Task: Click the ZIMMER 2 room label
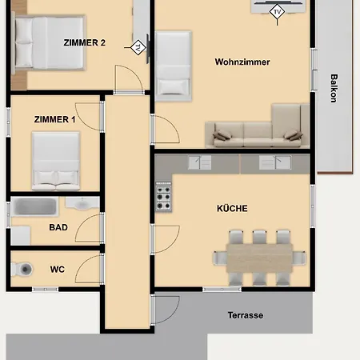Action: click(84, 42)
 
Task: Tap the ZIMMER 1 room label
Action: click(54, 119)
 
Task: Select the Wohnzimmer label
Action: click(242, 62)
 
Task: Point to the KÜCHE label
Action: click(232, 208)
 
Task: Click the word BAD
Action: click(58, 227)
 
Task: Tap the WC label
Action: click(58, 270)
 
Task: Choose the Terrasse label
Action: click(246, 315)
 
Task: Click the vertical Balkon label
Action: click(334, 88)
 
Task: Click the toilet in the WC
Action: click(22, 269)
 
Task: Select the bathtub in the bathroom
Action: click(34, 206)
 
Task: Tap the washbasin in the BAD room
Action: click(82, 203)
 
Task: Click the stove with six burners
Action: click(163, 197)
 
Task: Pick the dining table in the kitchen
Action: click(259, 258)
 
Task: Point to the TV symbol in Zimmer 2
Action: click(138, 47)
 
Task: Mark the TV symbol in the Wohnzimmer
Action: click(277, 13)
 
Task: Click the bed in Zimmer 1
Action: click(56, 161)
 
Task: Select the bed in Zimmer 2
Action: click(48, 42)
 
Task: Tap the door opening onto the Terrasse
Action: click(166, 310)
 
